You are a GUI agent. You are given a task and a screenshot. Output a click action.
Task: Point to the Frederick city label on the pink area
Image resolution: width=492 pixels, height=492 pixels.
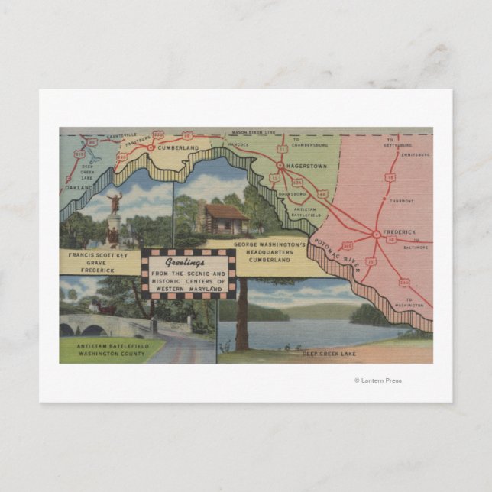coord(400,231)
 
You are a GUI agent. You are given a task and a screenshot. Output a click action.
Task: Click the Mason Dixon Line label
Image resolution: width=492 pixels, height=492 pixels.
coord(251,133)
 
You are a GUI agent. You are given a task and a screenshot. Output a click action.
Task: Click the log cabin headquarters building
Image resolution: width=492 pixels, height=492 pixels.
coord(226,220)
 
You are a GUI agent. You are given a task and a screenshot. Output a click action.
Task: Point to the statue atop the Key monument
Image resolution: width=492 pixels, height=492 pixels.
coord(115,203)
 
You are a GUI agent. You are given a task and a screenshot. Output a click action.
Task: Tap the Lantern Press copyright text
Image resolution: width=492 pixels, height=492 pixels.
coord(377,380)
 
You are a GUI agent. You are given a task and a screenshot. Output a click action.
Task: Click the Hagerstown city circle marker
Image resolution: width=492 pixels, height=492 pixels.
coord(280,165)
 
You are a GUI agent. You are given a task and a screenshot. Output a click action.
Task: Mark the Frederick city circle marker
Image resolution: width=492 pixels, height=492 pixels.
coord(376,235)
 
